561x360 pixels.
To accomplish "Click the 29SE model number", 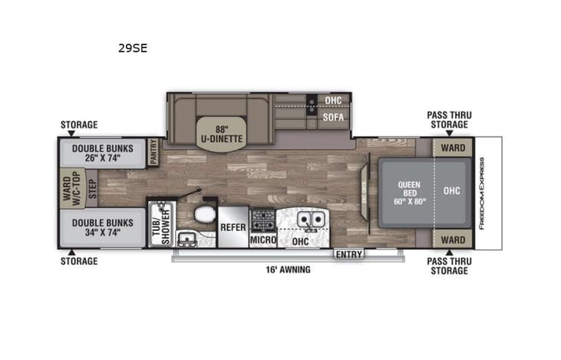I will click(x=132, y=48).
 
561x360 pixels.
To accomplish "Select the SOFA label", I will click(x=332, y=118).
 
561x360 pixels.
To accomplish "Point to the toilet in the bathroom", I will click(x=204, y=217).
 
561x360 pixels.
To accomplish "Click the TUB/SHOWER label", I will click(x=158, y=225).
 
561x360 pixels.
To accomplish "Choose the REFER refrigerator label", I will click(x=233, y=228).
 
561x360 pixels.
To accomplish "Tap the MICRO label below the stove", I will click(x=262, y=240).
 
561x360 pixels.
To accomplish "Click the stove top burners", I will click(x=262, y=220).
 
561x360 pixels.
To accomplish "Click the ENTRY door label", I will click(x=348, y=254).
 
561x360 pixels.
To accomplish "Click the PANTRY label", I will click(x=153, y=152).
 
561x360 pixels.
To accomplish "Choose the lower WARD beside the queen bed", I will click(x=453, y=240).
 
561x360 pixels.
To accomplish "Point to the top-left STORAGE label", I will click(x=79, y=124).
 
